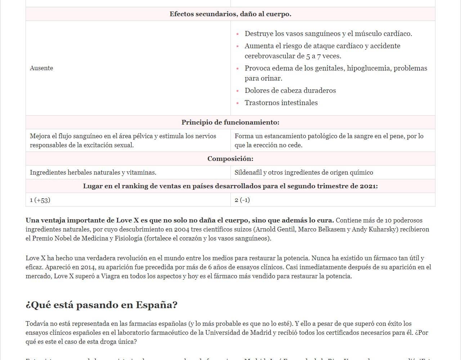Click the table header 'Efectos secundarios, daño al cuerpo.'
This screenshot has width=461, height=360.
(x=230, y=14)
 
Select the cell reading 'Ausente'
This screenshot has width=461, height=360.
(x=41, y=68)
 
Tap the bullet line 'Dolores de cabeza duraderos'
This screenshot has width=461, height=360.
(x=290, y=90)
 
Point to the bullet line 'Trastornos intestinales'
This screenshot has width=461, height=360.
(x=281, y=103)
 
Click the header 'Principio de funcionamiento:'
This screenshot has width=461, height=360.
(x=230, y=122)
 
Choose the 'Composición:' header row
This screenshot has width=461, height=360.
(x=230, y=159)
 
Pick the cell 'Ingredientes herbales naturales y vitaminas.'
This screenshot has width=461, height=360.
(x=93, y=172)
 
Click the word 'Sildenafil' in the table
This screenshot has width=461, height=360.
(x=248, y=172)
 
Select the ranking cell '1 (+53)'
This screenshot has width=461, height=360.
(x=40, y=200)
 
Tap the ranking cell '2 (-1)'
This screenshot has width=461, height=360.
(x=242, y=200)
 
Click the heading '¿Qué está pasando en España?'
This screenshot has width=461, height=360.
(x=102, y=305)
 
